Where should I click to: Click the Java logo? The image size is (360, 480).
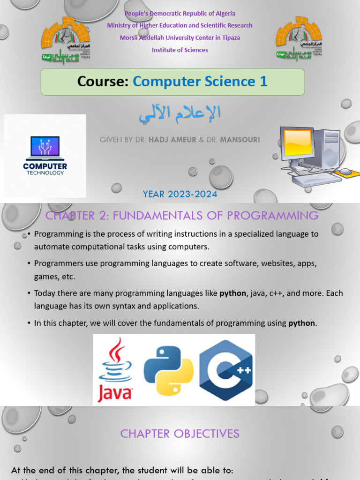[115, 370]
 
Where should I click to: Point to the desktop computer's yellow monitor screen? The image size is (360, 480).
[298, 142]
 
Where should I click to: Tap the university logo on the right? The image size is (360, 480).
[299, 39]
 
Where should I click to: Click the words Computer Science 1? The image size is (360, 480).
[200, 82]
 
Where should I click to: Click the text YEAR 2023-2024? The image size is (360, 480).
[180, 194]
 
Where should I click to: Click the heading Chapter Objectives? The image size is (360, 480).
[180, 434]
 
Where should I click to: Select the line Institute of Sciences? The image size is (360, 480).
[180, 50]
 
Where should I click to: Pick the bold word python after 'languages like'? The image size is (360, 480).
[233, 293]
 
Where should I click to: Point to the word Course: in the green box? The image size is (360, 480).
[103, 82]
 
